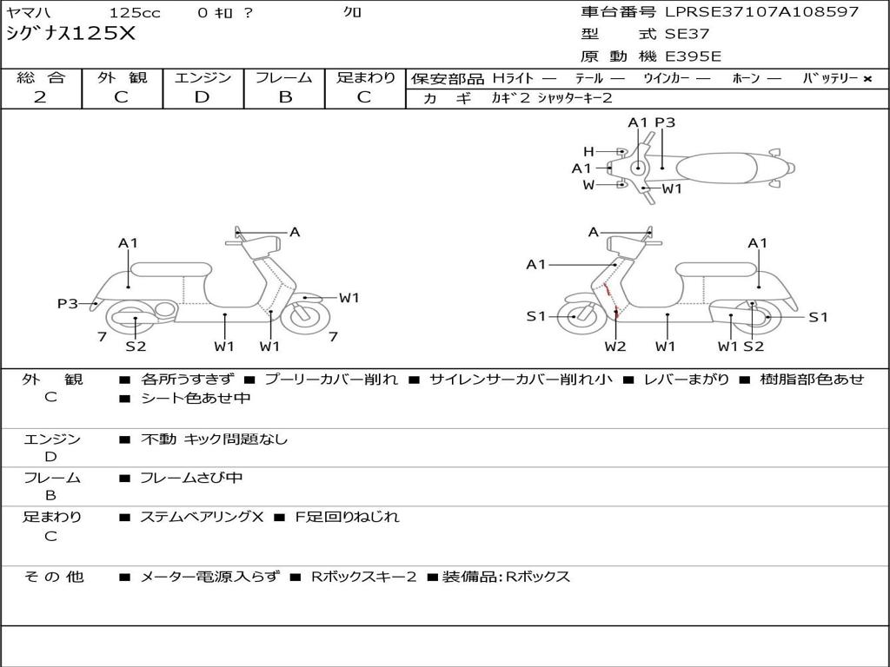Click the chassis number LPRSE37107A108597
[761, 12]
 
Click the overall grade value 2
[40, 97]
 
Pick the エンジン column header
[203, 78]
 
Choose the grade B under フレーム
[284, 97]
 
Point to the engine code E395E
[693, 57]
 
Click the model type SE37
[687, 35]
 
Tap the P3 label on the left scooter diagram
[68, 303]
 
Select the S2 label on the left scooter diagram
[135, 347]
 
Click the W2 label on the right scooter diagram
[615, 347]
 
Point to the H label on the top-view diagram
[588, 151]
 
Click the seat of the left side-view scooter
[170, 268]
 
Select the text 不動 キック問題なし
[214, 439]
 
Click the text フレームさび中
[191, 478]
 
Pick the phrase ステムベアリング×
[202, 517]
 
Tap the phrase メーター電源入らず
[210, 577]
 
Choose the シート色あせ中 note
[196, 399]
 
